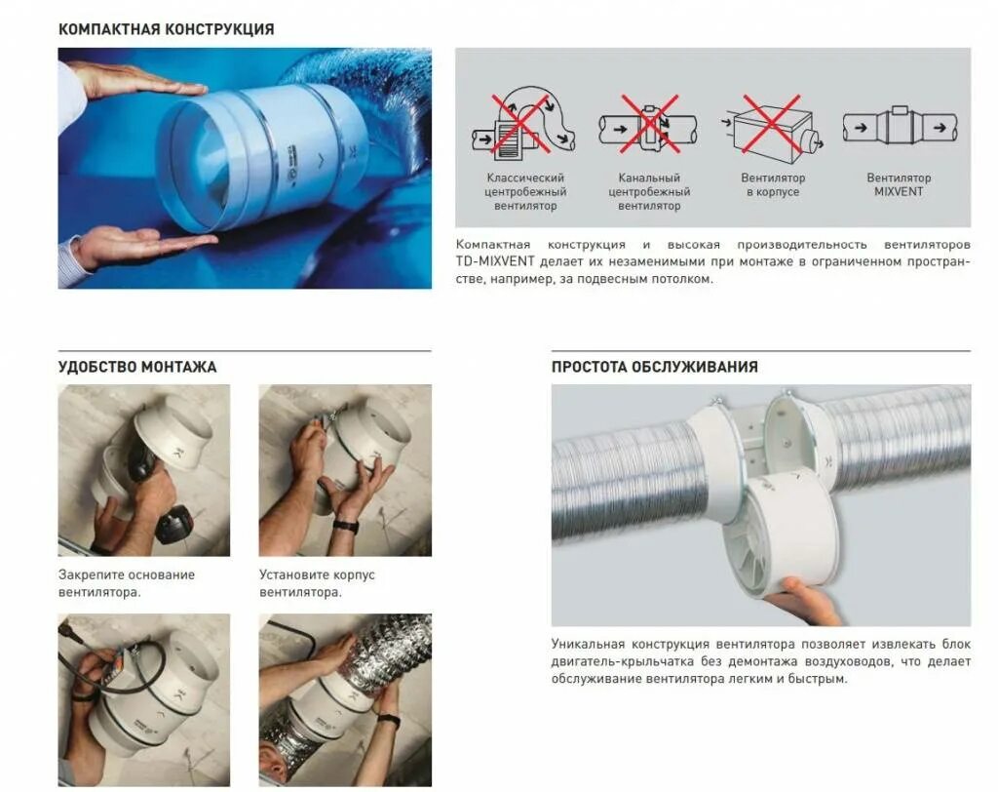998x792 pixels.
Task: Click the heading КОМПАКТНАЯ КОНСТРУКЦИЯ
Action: point(166,29)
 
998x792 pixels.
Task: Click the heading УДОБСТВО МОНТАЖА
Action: point(137,367)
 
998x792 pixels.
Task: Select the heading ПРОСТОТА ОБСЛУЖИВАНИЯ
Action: point(655,367)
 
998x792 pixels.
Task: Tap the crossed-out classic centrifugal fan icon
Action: point(523,124)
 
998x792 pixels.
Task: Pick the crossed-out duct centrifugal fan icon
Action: point(648,126)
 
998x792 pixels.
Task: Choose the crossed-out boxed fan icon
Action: point(772,126)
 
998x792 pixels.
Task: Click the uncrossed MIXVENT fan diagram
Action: point(900,126)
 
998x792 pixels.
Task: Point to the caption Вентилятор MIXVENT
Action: point(899,184)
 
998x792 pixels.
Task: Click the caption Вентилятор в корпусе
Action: point(773,184)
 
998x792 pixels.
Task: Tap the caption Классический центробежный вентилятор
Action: point(525,192)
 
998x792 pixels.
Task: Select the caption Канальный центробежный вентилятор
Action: point(649,192)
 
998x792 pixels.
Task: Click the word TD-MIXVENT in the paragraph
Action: point(494,261)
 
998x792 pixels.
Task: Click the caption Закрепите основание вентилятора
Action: point(127,583)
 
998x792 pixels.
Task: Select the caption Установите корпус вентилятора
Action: point(317,583)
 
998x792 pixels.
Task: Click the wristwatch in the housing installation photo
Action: point(345,527)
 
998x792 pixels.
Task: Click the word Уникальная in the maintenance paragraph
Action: point(589,644)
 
